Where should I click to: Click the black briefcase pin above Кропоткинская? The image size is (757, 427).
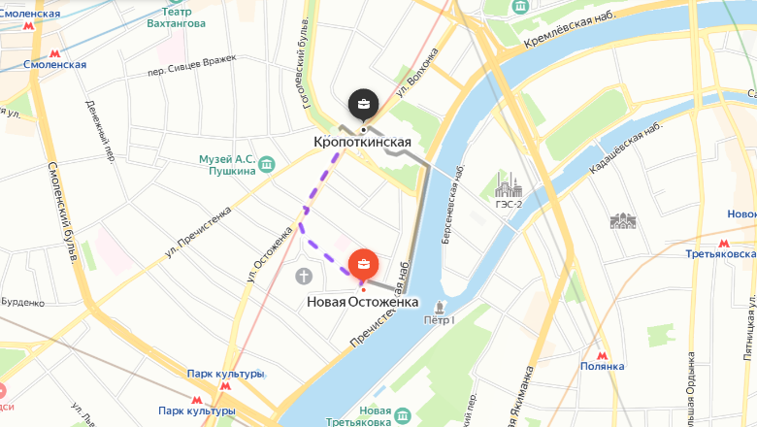pos(363,103)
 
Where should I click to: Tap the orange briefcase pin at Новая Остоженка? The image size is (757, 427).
pos(363,263)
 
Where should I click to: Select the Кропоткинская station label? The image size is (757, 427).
pos(362,142)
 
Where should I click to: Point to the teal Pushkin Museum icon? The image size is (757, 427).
pos(265,168)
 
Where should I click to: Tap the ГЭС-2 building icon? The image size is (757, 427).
pos(508,184)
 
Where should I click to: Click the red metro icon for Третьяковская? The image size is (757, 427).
pos(723,243)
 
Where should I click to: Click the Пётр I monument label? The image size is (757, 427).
pos(439,318)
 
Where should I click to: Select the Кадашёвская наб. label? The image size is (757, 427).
pos(626,148)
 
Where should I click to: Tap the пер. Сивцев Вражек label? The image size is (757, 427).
pos(191,70)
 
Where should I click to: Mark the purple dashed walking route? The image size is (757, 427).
pos(313,209)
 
